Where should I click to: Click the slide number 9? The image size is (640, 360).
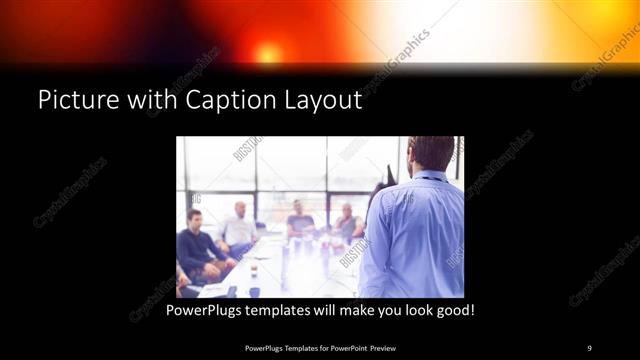tap(589, 347)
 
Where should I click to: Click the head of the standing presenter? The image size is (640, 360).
tap(432, 153)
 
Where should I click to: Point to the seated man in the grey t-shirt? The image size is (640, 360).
tap(299, 221)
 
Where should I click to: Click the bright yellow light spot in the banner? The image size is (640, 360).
tap(267, 52)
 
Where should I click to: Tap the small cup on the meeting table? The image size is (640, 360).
tap(254, 271)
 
